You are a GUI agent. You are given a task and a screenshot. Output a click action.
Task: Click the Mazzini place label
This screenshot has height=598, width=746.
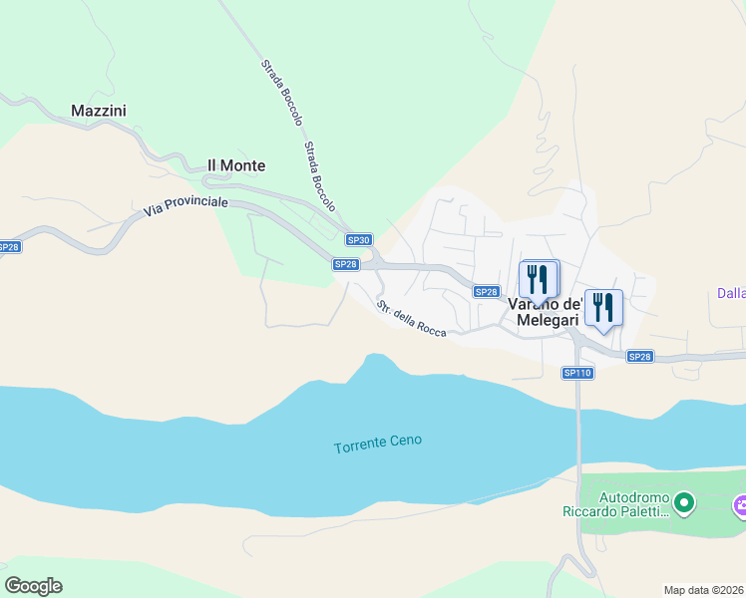click(99, 111)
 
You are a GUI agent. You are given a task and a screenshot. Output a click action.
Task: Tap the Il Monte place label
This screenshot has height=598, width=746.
click(236, 165)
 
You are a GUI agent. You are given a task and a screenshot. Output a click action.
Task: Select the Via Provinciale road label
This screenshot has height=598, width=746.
click(186, 207)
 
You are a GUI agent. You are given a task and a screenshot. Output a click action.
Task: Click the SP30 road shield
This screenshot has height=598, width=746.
click(359, 240)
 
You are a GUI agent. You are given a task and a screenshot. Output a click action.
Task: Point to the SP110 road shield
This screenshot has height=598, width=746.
click(577, 373)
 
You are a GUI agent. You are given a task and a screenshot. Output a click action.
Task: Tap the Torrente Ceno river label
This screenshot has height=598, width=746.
click(378, 441)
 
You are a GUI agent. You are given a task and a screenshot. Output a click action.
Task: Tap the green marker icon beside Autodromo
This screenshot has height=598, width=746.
click(683, 503)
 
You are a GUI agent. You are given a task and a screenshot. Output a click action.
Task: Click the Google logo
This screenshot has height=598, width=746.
click(33, 586)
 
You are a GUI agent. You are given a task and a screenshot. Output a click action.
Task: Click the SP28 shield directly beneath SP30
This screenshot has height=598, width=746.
click(345, 264)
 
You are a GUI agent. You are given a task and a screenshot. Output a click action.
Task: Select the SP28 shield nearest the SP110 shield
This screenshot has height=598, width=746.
click(639, 357)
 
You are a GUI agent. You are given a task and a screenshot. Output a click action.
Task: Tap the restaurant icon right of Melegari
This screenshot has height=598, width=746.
click(603, 307)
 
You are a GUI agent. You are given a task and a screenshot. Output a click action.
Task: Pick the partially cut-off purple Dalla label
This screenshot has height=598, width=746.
click(731, 293)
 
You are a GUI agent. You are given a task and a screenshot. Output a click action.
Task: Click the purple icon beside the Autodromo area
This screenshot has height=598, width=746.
click(740, 507)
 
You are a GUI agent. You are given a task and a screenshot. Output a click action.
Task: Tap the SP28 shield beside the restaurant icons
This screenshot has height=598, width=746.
click(486, 292)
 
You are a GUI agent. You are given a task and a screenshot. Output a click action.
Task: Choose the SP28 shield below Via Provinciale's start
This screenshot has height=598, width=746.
click(8, 247)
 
